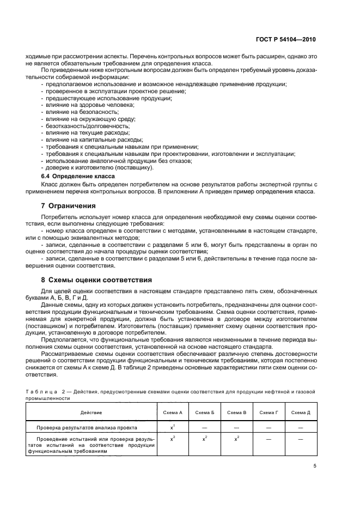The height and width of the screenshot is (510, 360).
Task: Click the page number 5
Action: click(315, 465)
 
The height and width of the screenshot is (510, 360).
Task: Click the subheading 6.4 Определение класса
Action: click(78, 177)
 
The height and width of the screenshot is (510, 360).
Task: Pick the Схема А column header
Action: click(173, 413)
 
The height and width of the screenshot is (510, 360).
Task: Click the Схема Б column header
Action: click(205, 413)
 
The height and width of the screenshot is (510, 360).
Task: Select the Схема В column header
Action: click(237, 413)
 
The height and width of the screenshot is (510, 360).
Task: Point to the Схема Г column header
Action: click(269, 413)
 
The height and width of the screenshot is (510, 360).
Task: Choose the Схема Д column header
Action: click(301, 413)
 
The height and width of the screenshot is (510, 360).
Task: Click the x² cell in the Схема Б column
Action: click(205, 438)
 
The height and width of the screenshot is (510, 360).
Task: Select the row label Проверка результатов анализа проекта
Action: click(87, 428)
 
